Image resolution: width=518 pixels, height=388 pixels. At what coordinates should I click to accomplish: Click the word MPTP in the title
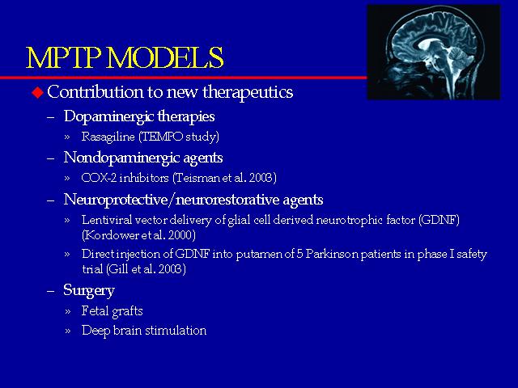[63, 57]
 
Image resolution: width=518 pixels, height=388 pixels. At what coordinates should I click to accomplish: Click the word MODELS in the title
[165, 57]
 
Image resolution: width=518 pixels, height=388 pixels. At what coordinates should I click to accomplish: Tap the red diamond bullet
[38, 92]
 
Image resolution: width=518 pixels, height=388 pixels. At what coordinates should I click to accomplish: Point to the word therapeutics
[248, 92]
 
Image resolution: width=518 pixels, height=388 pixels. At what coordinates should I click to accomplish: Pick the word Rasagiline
[108, 137]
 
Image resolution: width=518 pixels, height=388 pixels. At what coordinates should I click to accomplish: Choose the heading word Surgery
[89, 291]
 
